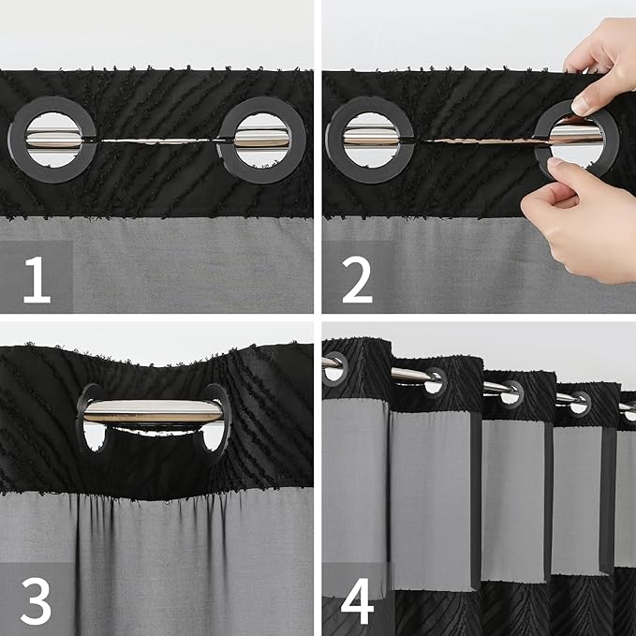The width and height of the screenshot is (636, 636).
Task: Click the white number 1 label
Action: pos(37,279)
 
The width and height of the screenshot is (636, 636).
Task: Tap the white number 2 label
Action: pos(357,279)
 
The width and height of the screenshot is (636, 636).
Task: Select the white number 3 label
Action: pos(37,602)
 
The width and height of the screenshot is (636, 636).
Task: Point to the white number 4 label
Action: pos(357,602)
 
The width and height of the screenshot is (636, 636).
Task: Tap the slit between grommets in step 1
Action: pos(157,141)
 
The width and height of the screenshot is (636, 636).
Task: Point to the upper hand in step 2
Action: pos(604,61)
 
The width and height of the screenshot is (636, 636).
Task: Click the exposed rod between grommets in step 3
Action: pos(154,409)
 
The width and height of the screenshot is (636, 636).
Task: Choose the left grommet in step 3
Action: pos(91,417)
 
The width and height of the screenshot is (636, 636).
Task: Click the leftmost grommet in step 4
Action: pos(334,366)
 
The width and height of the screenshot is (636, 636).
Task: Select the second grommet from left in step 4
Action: pos(433,380)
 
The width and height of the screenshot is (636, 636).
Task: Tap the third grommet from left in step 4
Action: pos(511,393)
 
